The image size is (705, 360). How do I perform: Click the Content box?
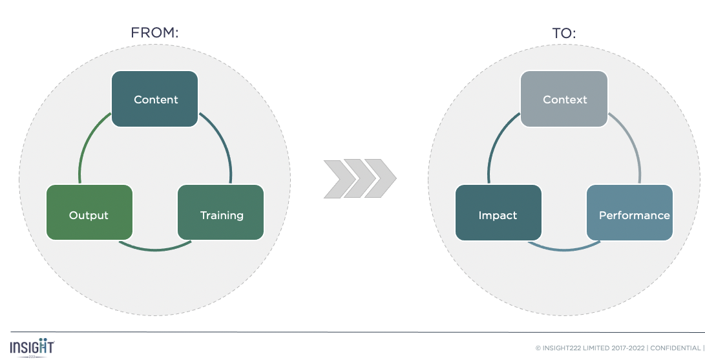coord(155,99)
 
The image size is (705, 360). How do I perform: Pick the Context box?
coord(564,99)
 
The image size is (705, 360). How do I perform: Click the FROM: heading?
coord(154,33)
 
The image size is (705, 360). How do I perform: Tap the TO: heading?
coord(564,33)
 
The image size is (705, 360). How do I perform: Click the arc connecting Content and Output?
coord(84,145)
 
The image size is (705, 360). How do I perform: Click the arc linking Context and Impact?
coord(493,145)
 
